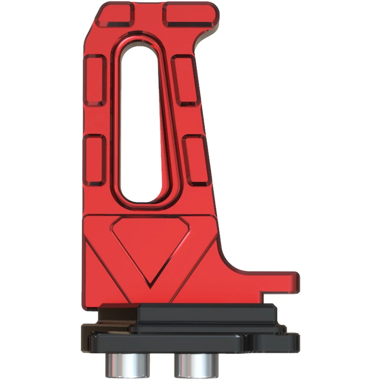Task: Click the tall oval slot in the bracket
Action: pos(139,124)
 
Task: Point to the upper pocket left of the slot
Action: pos(95,80)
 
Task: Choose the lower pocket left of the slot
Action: pos(95,159)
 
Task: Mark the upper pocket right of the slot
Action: pos(184,80)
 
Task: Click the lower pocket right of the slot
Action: pos(195,160)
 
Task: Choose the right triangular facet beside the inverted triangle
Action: pos(198,274)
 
